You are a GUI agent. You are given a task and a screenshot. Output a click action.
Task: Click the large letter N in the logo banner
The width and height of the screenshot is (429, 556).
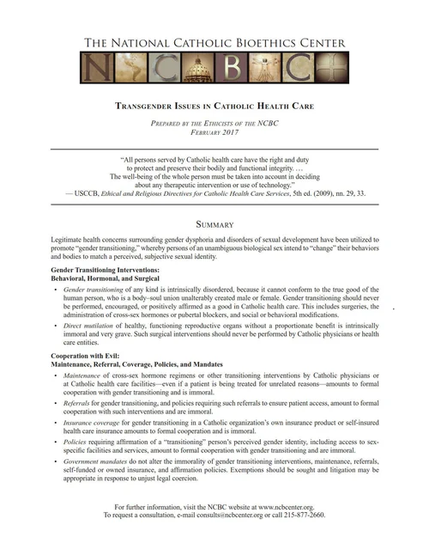click(x=97, y=66)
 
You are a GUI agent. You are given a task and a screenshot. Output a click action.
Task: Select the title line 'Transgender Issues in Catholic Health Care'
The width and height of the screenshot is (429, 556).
click(x=215, y=107)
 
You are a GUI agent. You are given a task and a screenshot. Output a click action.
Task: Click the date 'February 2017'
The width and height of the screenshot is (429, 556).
click(x=215, y=133)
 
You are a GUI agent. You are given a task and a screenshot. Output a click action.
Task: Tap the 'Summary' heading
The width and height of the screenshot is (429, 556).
click(x=215, y=224)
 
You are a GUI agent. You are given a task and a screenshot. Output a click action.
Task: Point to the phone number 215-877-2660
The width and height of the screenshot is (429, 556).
click(x=305, y=515)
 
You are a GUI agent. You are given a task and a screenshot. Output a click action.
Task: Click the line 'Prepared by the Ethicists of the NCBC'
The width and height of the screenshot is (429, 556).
click(x=215, y=124)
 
